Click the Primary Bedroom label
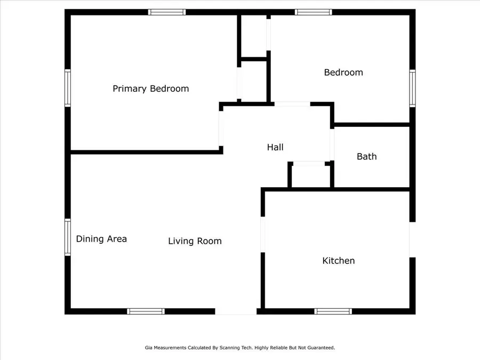pos(150,89)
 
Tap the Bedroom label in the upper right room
pos(343,72)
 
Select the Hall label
pos(275,147)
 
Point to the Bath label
pos(366,156)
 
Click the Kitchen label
pos(338,261)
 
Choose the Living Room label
pos(195,241)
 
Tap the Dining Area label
pos(101,239)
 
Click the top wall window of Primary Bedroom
pos(167,12)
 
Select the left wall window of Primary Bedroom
pos(68,88)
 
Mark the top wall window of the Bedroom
pos(313,12)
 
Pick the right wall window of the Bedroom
pos(412,88)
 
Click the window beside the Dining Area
pos(68,237)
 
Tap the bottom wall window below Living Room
pos(146,311)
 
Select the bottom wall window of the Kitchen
pos(333,311)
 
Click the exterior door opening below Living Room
pos(236,311)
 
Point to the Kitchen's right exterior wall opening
pos(412,240)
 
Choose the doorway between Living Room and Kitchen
pos(262,235)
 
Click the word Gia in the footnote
pos(148,348)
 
